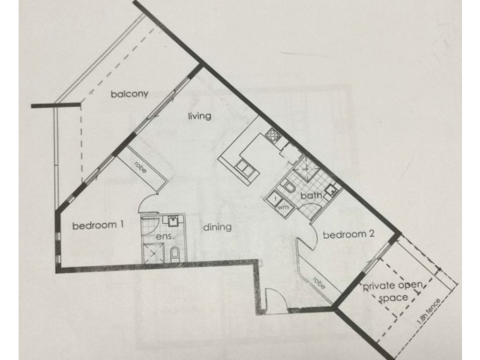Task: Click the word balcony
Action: [x=130, y=94]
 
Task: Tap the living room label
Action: [x=200, y=116]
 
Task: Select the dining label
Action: [x=217, y=227]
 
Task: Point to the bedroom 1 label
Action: [x=98, y=226]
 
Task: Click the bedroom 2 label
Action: [x=349, y=235]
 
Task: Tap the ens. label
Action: [x=165, y=236]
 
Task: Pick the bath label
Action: [x=311, y=196]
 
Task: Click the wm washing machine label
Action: [x=283, y=207]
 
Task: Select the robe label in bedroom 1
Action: [x=140, y=167]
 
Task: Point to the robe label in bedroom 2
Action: [x=319, y=284]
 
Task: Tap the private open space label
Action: [x=393, y=291]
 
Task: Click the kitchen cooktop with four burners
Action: [x=273, y=134]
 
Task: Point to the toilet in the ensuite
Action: [x=175, y=254]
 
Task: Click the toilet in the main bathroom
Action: [x=287, y=186]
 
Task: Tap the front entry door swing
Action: [x=276, y=301]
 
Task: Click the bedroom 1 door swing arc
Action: [x=147, y=202]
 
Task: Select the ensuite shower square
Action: [x=154, y=253]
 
